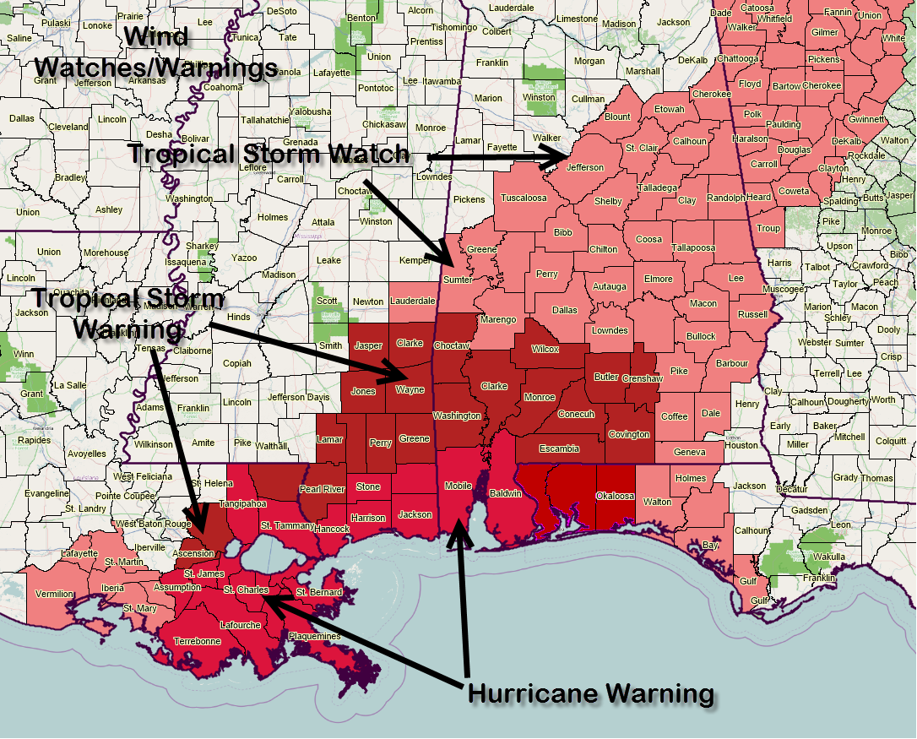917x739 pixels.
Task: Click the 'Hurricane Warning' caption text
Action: point(591,694)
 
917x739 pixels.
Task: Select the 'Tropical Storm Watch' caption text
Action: point(269,155)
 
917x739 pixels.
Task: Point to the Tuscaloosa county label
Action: point(524,198)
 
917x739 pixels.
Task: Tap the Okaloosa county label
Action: point(615,496)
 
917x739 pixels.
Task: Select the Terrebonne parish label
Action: point(198,641)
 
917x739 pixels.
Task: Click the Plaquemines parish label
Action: point(314,636)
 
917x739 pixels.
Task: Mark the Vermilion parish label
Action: point(54,594)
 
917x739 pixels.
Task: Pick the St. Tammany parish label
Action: point(287,526)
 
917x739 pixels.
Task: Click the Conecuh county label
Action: point(577,414)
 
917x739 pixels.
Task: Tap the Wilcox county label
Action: point(545,349)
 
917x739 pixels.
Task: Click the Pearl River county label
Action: point(322,489)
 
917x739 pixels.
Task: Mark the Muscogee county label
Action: point(783,289)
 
